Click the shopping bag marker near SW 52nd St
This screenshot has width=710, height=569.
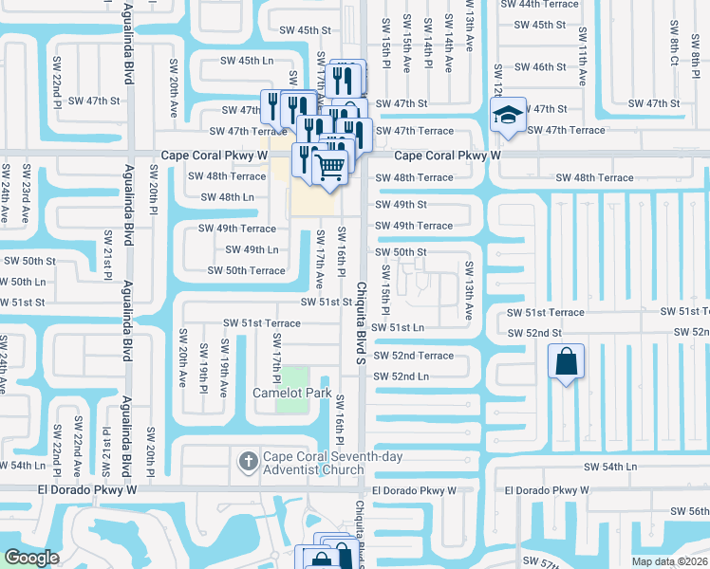(566, 362)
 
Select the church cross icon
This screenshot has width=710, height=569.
(247, 462)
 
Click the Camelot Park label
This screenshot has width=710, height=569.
(291, 392)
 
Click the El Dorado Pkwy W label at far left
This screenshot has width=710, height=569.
(87, 490)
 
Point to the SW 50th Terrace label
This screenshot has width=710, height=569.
(247, 270)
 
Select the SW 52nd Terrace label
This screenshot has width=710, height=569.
(414, 356)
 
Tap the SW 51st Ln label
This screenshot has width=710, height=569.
(398, 327)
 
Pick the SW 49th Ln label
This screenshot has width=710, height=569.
(252, 249)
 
